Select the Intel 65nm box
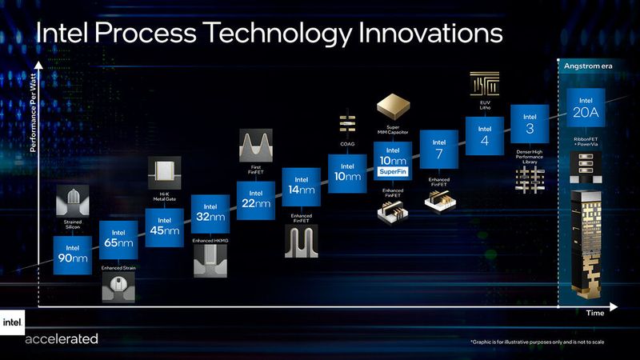pyautogui.click(x=118, y=235)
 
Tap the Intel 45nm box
pyautogui.click(x=164, y=226)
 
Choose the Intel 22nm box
pyautogui.click(x=256, y=199)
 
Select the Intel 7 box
pyautogui.click(x=438, y=146)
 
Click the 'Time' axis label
pyautogui.click(x=594, y=313)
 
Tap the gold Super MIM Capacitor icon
pyautogui.click(x=393, y=106)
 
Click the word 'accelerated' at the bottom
pyautogui.click(x=62, y=338)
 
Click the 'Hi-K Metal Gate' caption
pyautogui.click(x=164, y=190)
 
